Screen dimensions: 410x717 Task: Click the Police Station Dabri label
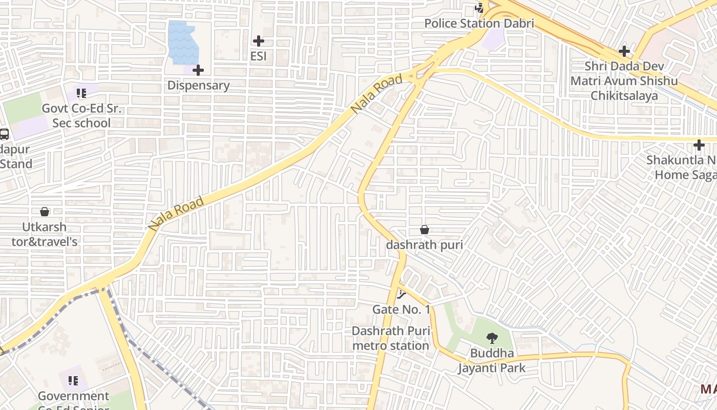(x=479, y=23)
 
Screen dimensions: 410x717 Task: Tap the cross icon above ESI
(x=259, y=40)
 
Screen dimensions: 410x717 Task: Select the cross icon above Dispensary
(x=198, y=70)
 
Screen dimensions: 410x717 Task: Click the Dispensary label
(x=198, y=85)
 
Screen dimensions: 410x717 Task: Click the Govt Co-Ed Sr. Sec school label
(x=81, y=116)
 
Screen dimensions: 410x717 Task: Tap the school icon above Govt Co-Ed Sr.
(x=81, y=93)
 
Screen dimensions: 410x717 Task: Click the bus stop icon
(x=4, y=134)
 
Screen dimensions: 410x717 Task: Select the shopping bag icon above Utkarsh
(x=45, y=211)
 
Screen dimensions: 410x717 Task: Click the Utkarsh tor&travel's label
(x=45, y=234)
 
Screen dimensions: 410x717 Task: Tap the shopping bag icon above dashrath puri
(x=425, y=229)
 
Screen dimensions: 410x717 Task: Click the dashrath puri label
(x=425, y=245)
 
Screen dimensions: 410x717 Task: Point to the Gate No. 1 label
(x=401, y=310)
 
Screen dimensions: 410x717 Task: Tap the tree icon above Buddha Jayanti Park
(x=492, y=338)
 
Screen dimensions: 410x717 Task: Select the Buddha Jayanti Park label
(x=492, y=361)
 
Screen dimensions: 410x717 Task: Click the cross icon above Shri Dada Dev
(x=624, y=51)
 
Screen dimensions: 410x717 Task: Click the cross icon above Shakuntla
(x=699, y=145)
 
